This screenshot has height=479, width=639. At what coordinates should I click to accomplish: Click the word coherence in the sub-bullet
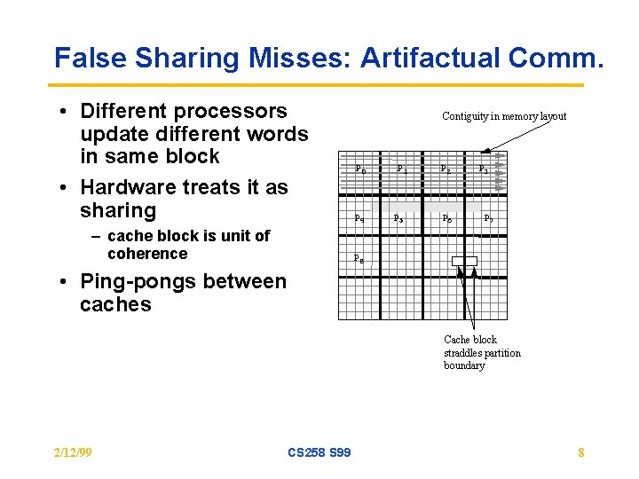[147, 255]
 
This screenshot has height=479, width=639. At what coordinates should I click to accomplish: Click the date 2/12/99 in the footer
[73, 453]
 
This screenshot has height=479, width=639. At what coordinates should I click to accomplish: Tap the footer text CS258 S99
[319, 453]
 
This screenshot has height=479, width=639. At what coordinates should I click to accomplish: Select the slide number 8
[580, 453]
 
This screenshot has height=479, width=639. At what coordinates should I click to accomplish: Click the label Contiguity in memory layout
[504, 116]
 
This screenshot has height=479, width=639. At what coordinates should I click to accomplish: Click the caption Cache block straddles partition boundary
[482, 352]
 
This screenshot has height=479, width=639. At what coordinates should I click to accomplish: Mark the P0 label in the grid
[359, 169]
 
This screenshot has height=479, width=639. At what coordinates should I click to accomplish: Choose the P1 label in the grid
[402, 169]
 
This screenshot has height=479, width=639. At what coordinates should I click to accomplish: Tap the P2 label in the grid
[446, 169]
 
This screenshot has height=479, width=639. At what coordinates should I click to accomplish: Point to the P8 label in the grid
[358, 259]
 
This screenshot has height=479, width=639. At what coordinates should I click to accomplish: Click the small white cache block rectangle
[464, 261]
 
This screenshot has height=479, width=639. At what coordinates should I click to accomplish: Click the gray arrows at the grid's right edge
[499, 171]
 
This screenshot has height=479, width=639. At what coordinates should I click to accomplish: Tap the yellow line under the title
[319, 85]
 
